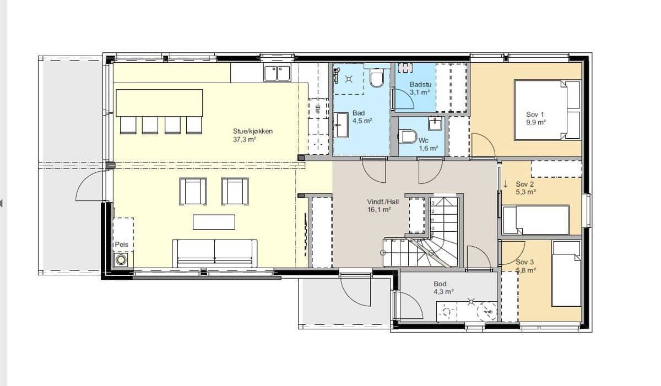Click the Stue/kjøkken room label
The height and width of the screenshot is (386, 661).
point(253,131)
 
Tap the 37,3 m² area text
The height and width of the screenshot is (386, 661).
point(245,139)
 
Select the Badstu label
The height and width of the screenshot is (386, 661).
point(420,84)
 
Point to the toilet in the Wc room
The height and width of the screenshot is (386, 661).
point(408,137)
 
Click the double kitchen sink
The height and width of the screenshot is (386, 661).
point(277,73)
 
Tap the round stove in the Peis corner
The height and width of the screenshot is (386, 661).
point(121,260)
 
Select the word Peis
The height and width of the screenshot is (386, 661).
point(122,244)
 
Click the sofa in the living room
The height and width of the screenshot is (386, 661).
point(214,253)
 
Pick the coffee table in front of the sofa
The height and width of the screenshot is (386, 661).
point(214,222)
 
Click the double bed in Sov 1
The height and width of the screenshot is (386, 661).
point(548,110)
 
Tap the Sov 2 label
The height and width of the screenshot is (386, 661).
point(524,184)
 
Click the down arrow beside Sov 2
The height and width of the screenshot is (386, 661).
point(506,184)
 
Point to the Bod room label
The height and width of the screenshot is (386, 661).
point(440,284)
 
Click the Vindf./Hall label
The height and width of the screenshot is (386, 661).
point(383,202)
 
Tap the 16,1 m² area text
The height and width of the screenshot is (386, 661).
point(379,210)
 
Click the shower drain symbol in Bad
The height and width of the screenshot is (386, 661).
point(349,79)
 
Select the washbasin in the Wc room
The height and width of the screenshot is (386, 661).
point(435,123)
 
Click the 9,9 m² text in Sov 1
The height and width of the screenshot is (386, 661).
point(536,122)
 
